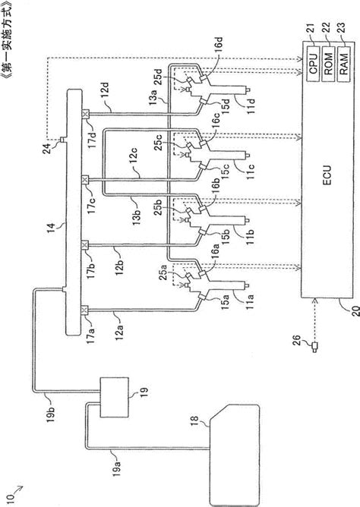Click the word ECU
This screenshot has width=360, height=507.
327,175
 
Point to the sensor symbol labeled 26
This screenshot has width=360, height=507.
314,347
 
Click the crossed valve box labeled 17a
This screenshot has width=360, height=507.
85,310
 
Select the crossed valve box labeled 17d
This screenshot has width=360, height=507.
85,114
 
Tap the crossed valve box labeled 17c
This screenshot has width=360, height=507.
85,180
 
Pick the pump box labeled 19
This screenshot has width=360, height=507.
114,398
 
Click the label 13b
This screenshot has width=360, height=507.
137,212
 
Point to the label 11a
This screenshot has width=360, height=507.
250,301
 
